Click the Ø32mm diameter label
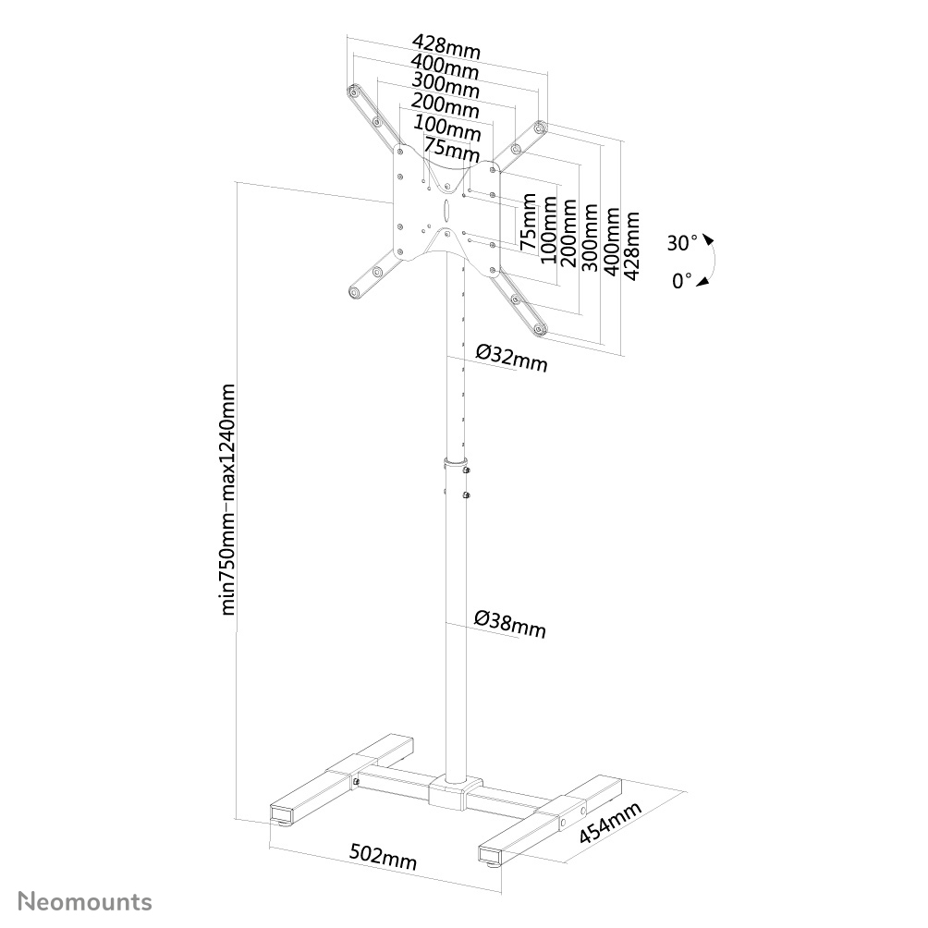click(511, 357)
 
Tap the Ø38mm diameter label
click(510, 625)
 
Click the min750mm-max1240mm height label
click(229, 499)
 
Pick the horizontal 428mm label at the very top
click(446, 45)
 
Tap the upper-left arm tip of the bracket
click(353, 92)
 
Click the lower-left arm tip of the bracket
click(353, 292)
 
